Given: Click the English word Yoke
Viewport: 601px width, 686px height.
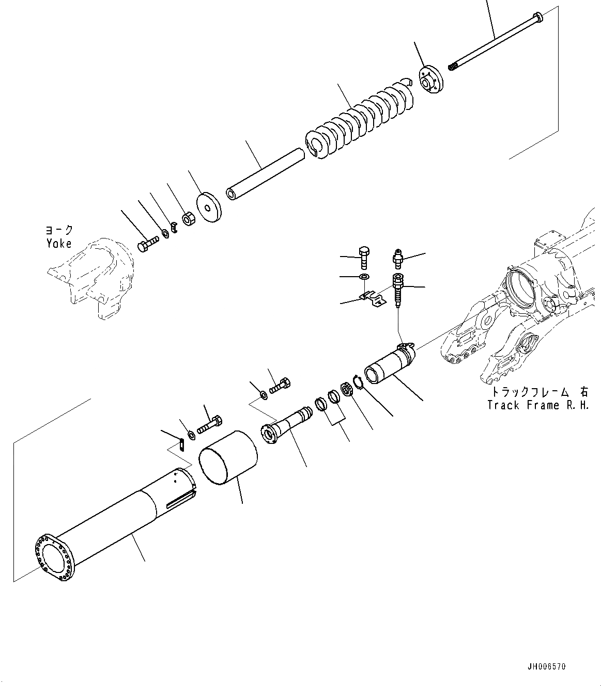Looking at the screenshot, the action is [x=58, y=244].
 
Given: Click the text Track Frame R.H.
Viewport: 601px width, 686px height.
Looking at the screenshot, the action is [x=538, y=405].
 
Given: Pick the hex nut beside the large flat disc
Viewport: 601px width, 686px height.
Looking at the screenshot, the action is [x=188, y=219].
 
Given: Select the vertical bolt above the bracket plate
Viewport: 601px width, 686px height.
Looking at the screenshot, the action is [x=363, y=257].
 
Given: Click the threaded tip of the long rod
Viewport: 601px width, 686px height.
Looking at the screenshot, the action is [x=452, y=67].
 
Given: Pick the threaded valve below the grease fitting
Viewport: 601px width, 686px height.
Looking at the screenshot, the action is [x=398, y=292].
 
